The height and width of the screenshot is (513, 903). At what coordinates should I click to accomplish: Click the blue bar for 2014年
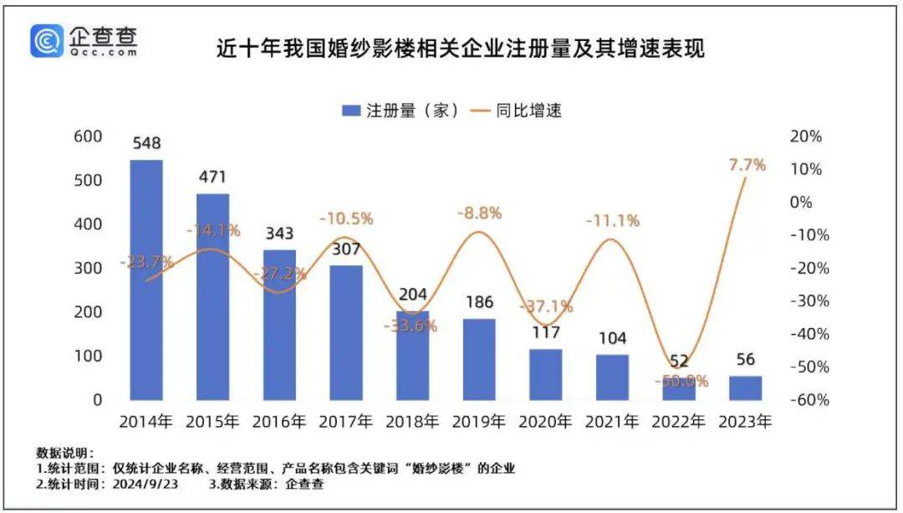[x=146, y=280]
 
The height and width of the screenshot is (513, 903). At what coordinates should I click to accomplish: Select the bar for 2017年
[x=346, y=332]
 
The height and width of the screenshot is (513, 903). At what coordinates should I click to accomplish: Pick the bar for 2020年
[x=546, y=374]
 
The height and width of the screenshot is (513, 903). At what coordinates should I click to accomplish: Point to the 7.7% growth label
[x=746, y=165]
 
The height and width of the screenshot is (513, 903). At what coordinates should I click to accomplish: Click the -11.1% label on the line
[x=613, y=221]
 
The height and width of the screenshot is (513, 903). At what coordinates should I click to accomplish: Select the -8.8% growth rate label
[x=479, y=213]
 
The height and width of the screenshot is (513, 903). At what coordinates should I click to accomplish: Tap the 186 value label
[x=479, y=302]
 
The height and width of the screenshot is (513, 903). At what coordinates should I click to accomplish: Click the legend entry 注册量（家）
[x=400, y=110]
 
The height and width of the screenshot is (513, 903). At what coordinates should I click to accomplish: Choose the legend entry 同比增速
[x=518, y=110]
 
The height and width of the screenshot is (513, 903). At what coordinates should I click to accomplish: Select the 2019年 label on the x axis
[x=479, y=422]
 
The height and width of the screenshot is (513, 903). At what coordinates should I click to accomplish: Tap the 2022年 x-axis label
[x=679, y=422]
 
